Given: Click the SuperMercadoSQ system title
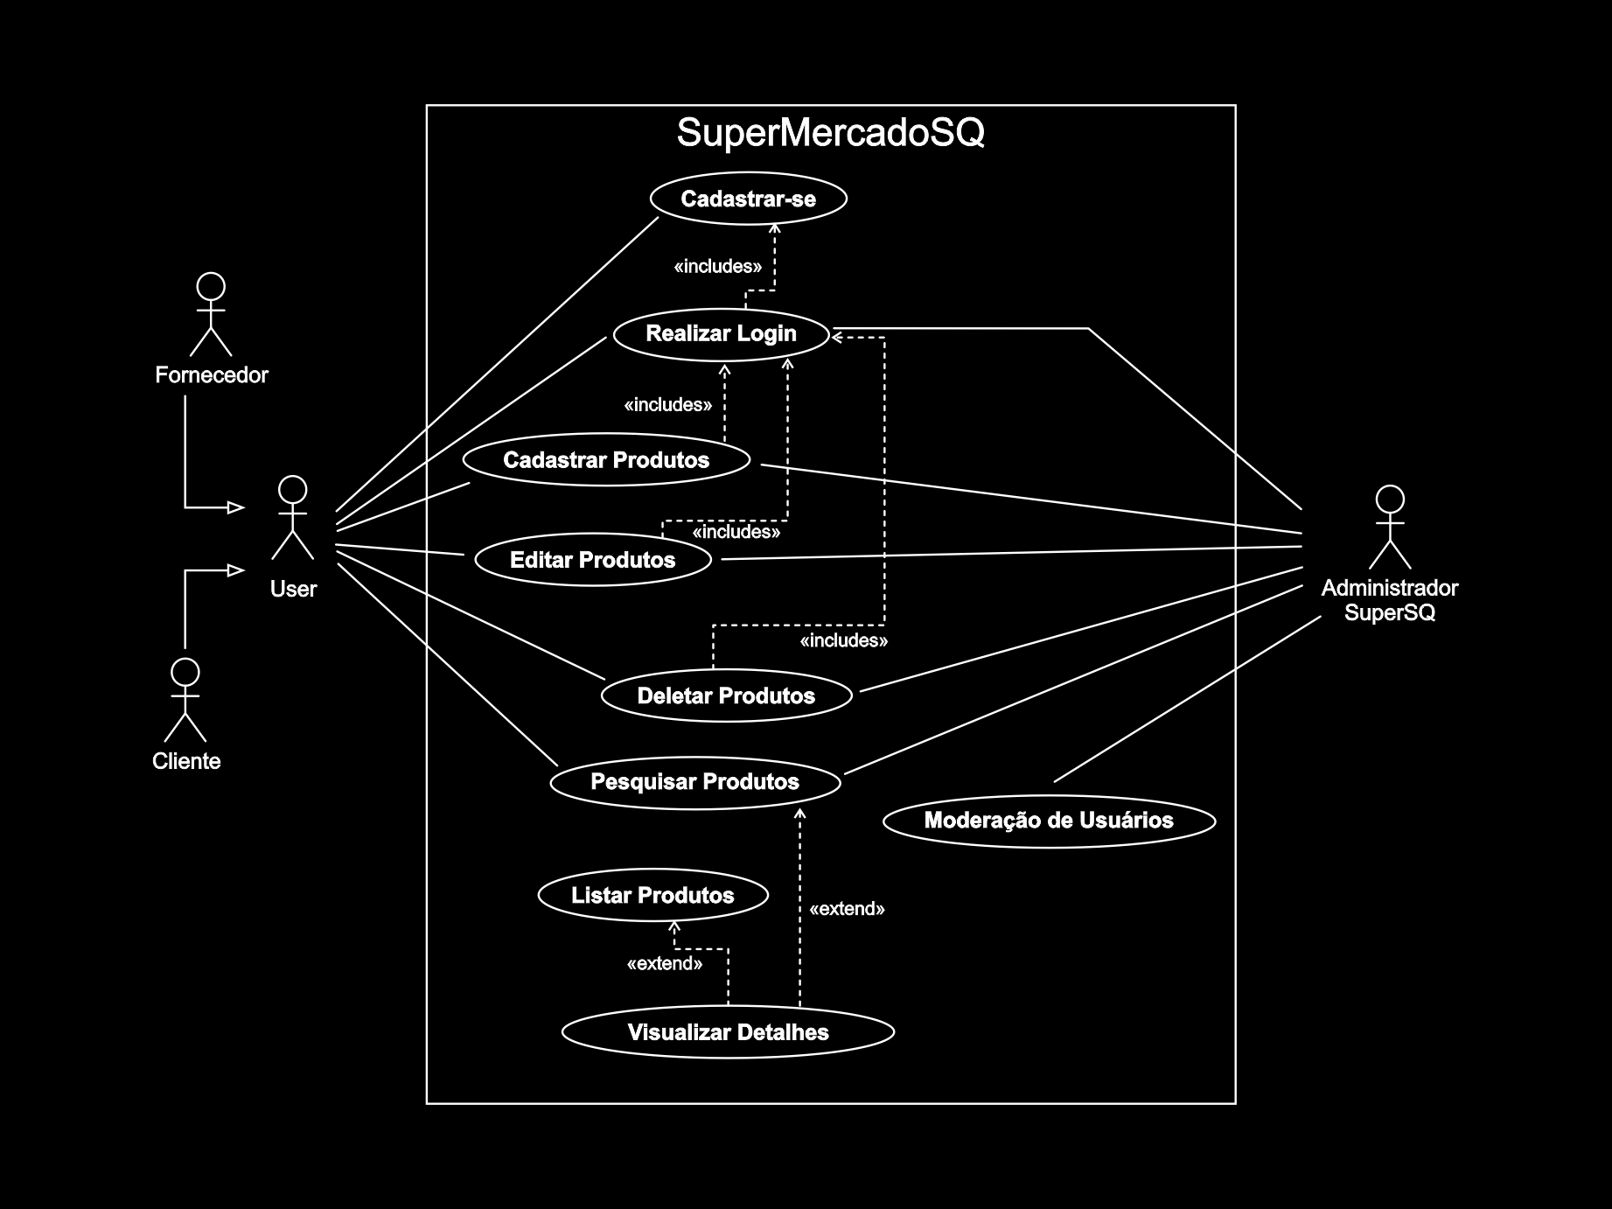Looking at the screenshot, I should click(x=830, y=133).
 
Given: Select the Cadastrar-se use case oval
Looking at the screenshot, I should click(x=748, y=199).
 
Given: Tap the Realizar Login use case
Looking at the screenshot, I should click(x=721, y=333).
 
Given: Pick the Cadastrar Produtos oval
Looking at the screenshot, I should click(x=606, y=460).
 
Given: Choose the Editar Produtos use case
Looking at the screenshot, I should click(x=592, y=560).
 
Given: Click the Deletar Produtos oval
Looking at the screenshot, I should click(x=726, y=696).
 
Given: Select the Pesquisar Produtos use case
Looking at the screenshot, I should click(x=694, y=782).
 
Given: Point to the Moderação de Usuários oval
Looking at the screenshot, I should click(x=1049, y=821).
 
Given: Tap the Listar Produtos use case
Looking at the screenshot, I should click(x=652, y=896).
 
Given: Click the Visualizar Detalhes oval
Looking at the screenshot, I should click(x=728, y=1032).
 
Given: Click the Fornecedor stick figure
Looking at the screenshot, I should click(x=211, y=314).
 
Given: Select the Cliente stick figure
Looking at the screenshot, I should click(x=185, y=700).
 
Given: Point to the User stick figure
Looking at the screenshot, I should click(x=292, y=518).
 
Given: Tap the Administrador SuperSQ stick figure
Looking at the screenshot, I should click(x=1389, y=528).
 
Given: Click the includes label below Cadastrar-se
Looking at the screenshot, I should click(x=717, y=266).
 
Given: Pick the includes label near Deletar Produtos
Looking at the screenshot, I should click(x=844, y=641).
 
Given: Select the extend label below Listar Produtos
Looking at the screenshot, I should click(x=665, y=964).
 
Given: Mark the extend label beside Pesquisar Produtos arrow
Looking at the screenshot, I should click(x=847, y=909).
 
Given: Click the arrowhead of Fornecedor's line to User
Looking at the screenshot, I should click(x=236, y=507).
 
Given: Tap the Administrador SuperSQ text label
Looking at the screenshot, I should click(x=1389, y=600).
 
